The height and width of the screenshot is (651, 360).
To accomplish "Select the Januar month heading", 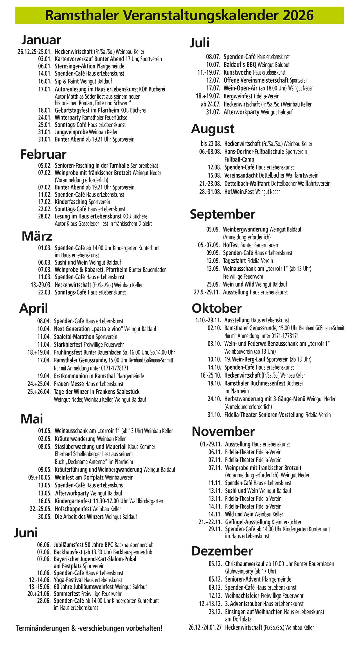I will click(x=41, y=40).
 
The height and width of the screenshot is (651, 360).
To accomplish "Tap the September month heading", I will click(x=222, y=214).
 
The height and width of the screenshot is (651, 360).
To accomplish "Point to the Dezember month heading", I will click(x=222, y=551).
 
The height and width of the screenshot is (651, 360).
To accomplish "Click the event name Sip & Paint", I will click(x=67, y=81).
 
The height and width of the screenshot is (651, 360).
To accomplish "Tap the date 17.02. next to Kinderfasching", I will click(x=45, y=202).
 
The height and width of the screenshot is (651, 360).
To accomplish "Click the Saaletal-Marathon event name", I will click(x=74, y=337).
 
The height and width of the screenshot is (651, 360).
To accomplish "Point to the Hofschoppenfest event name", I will click(x=73, y=509).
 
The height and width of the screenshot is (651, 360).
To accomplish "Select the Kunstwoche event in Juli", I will click(x=238, y=72).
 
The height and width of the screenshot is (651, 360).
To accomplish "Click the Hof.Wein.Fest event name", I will click(x=239, y=191).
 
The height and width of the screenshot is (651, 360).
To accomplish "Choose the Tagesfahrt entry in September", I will click(x=234, y=261).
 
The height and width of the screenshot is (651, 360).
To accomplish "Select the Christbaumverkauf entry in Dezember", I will click(x=245, y=564).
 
